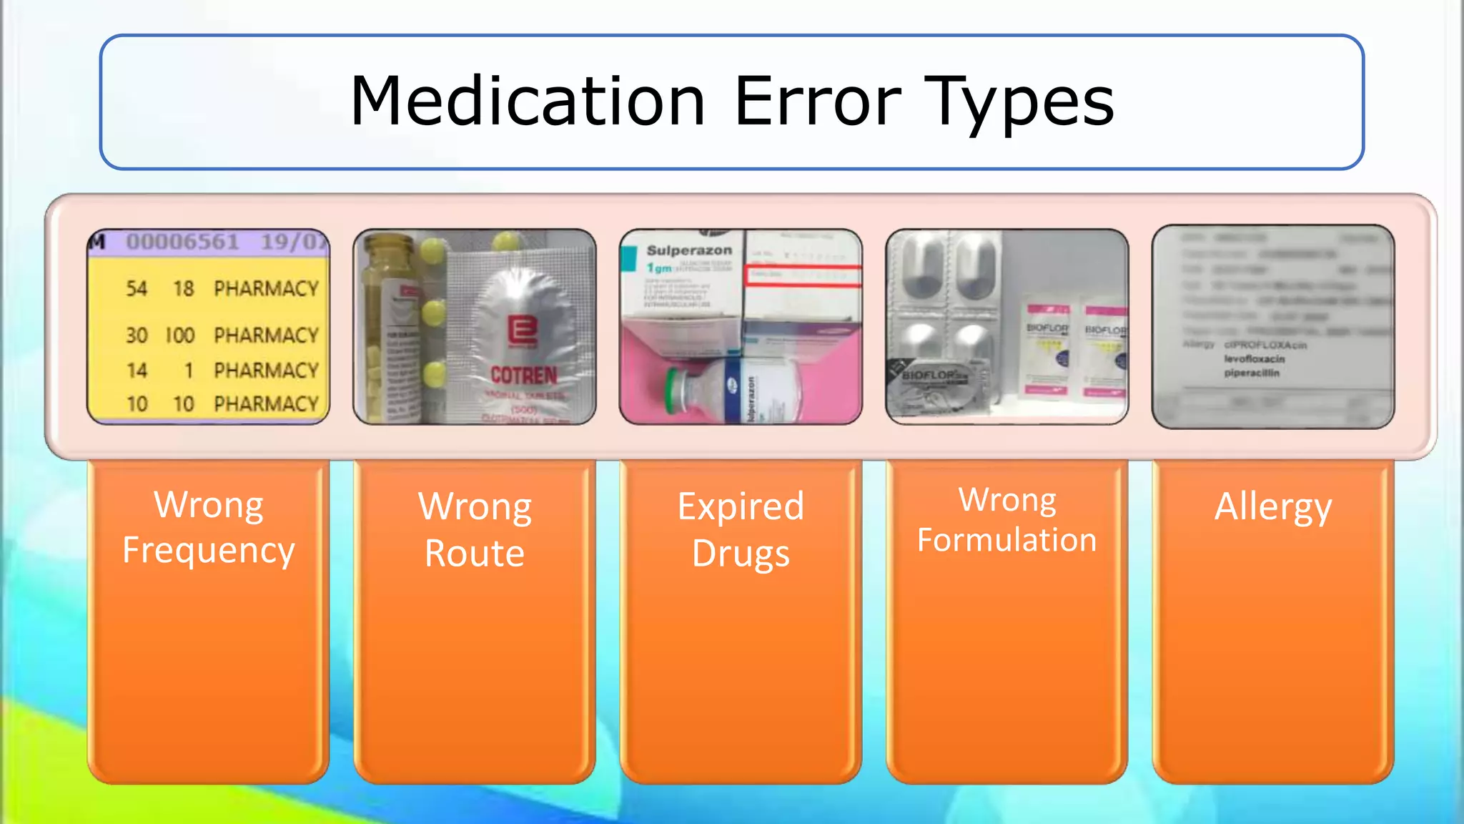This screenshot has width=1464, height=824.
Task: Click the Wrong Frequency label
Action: (208, 528)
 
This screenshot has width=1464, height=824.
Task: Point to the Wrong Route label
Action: (475, 529)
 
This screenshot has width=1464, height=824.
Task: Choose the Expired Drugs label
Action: (741, 529)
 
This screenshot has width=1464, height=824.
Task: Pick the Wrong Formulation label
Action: (1006, 520)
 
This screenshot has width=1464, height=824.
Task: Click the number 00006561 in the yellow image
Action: (182, 242)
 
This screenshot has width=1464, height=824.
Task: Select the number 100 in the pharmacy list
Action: (179, 335)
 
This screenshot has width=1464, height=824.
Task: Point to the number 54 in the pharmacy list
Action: (137, 288)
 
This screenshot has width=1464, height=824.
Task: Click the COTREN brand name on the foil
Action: (523, 375)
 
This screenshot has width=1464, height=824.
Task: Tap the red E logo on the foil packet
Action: (523, 332)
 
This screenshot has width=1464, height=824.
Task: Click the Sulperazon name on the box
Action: (689, 250)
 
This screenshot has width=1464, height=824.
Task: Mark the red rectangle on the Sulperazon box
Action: (803, 276)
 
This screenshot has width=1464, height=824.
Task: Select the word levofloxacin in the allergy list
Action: (1254, 359)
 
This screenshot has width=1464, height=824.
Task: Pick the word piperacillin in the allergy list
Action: (1252, 373)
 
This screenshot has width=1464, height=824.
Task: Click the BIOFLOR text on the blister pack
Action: (931, 375)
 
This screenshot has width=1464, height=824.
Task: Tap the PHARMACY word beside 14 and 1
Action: (266, 370)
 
